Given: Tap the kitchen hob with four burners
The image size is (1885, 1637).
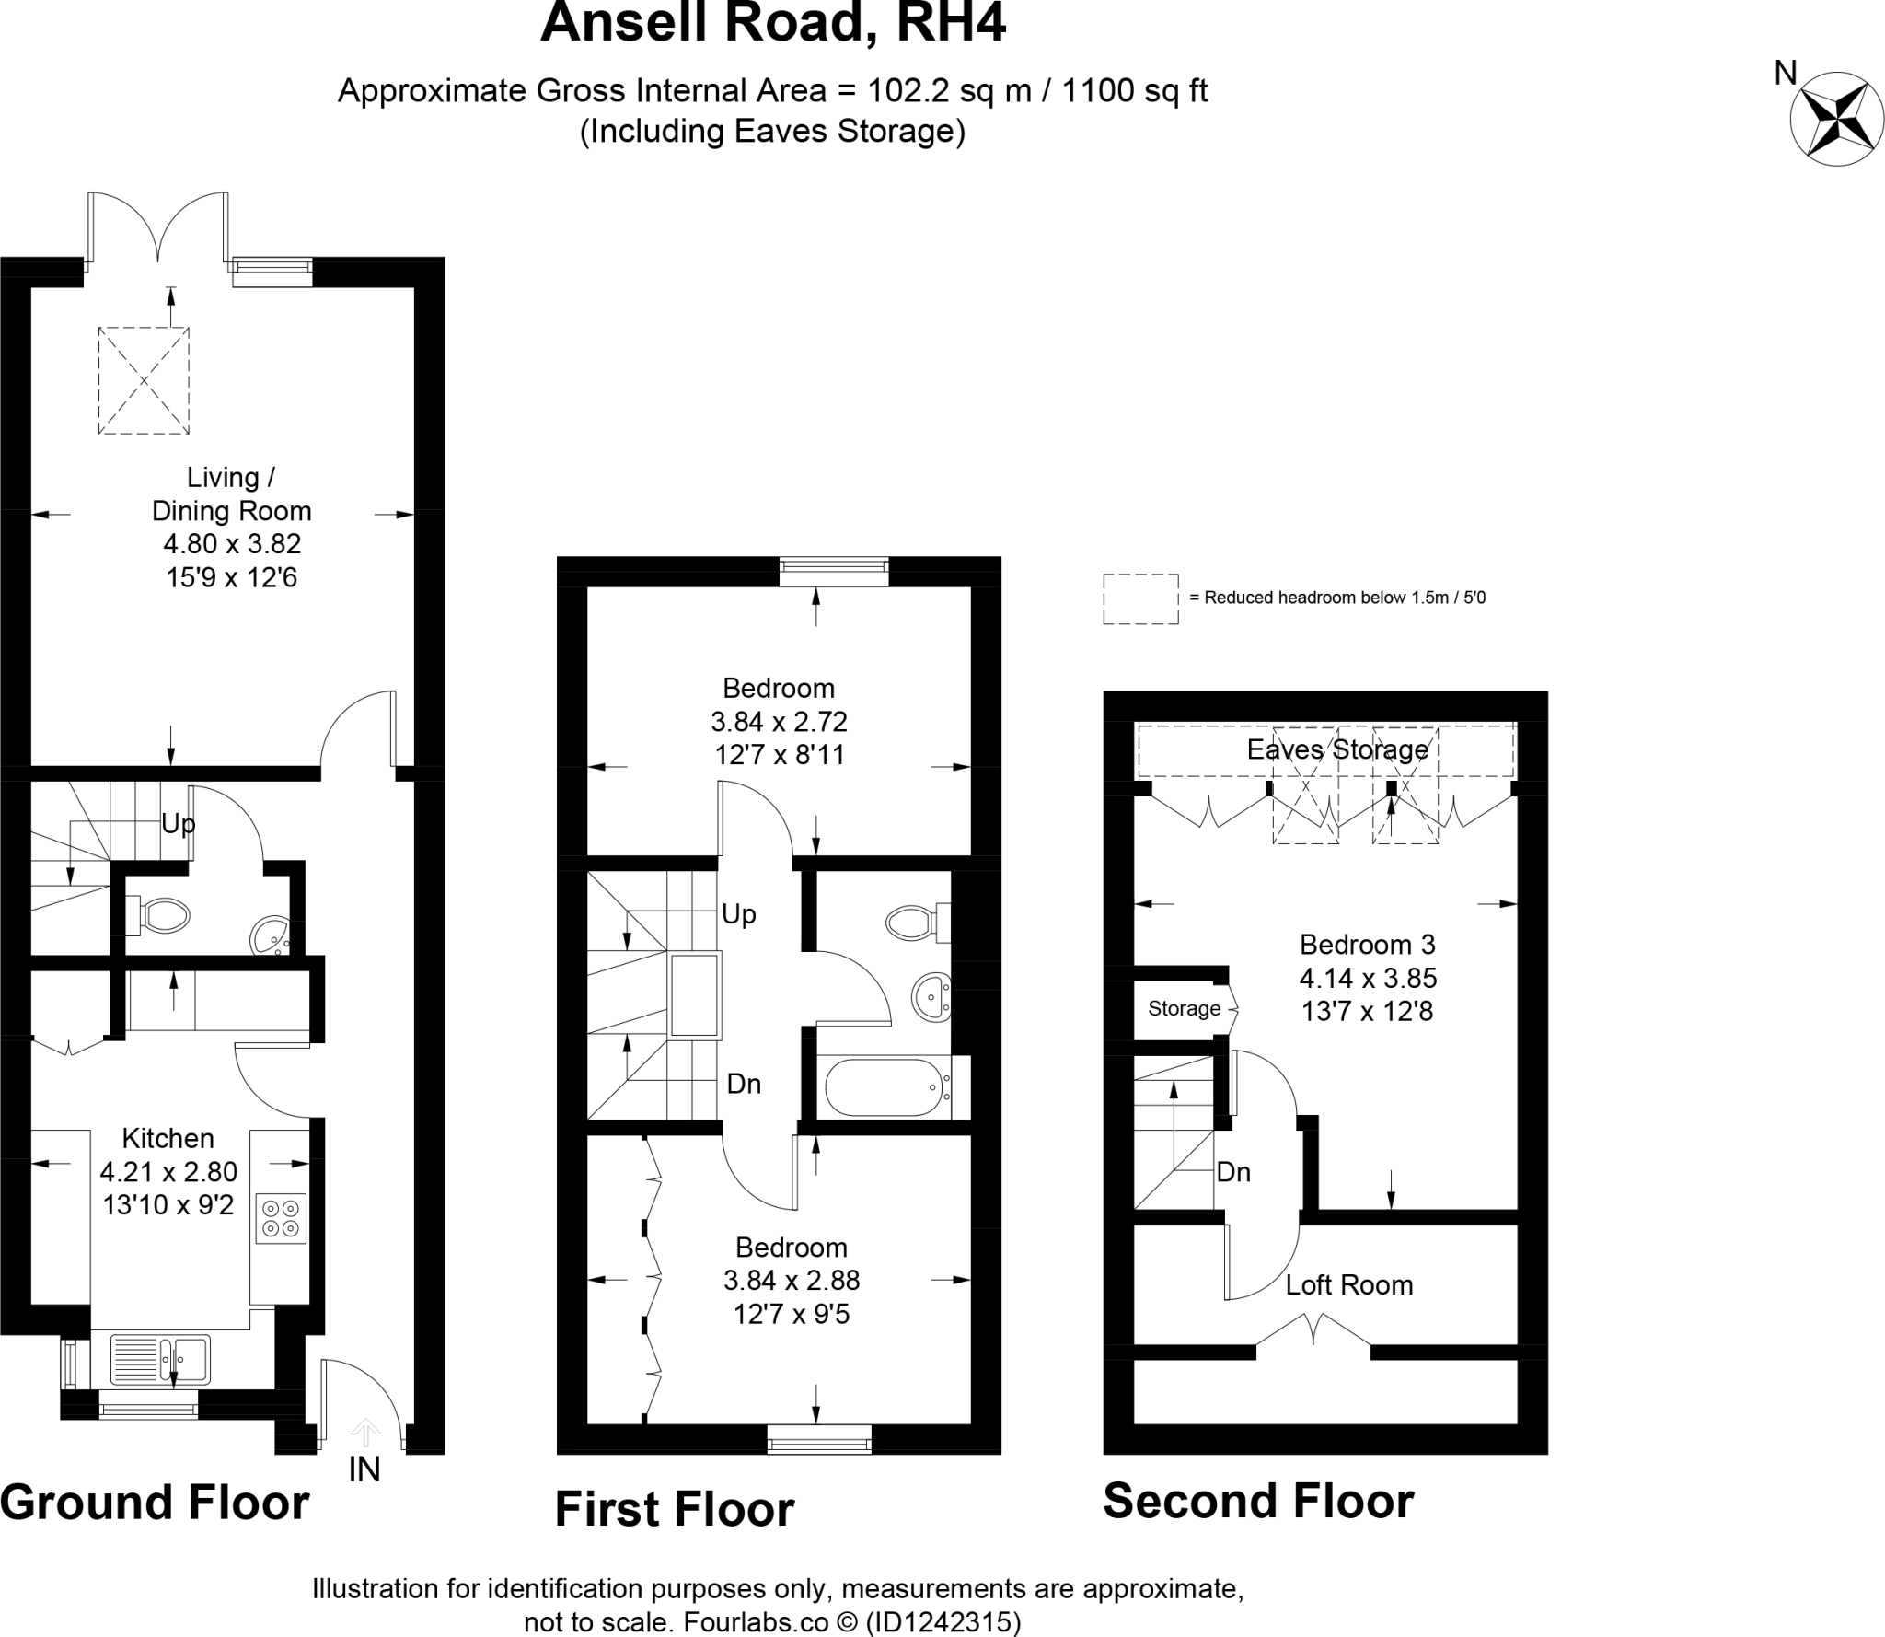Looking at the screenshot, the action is coord(281,1218).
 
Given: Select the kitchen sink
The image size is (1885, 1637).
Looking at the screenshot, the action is coord(160,1360).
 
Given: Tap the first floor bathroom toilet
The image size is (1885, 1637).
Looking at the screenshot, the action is coord(911,922).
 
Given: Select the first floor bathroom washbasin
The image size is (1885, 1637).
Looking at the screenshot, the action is coord(931,997).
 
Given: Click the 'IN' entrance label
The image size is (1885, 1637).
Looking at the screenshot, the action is coord(364,1469).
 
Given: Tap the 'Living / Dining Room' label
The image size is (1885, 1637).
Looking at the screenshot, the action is coord(231,493).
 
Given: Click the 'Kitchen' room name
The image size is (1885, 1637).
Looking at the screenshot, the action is coord(168,1138).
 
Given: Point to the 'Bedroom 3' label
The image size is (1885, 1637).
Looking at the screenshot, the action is coord(1367,945).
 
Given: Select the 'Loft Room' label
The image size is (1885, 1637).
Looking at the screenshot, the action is coord(1348,1284).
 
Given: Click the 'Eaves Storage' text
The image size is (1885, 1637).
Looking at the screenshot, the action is coord(1336,749).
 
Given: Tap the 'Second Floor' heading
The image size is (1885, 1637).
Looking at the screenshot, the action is coord(1258,1501).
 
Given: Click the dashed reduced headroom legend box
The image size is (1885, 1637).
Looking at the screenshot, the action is coord(1140,598).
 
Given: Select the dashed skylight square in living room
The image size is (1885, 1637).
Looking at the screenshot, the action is coord(144,379).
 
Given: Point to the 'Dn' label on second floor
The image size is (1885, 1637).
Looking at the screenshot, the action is coord(1233,1172).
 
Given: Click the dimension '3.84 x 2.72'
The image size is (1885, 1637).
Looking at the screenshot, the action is coord(779,721).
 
